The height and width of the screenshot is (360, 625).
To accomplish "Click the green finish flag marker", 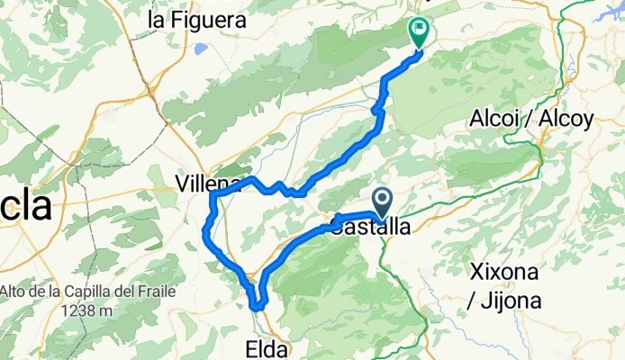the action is (x=420, y=31).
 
